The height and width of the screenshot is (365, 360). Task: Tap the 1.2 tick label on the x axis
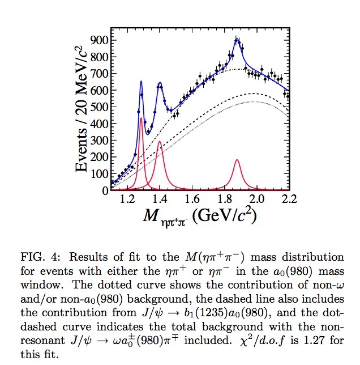click(x=128, y=200)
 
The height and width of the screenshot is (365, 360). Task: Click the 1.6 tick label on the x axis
click(x=192, y=200)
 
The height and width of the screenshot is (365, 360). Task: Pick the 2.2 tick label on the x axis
click(x=289, y=200)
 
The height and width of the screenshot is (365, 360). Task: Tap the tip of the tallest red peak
click(x=141, y=118)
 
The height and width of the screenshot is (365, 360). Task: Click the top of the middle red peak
click(x=160, y=142)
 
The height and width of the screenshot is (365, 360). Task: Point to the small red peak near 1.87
click(x=237, y=160)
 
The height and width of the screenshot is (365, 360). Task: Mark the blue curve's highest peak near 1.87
click(x=237, y=39)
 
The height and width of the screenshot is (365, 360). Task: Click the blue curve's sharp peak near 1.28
click(x=141, y=82)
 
